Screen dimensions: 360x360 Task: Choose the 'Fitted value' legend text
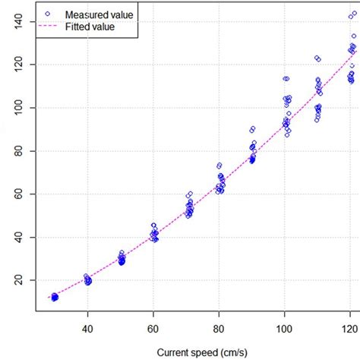click(x=90, y=27)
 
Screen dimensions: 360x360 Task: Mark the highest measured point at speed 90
click(x=253, y=128)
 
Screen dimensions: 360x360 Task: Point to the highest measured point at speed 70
click(x=189, y=194)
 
